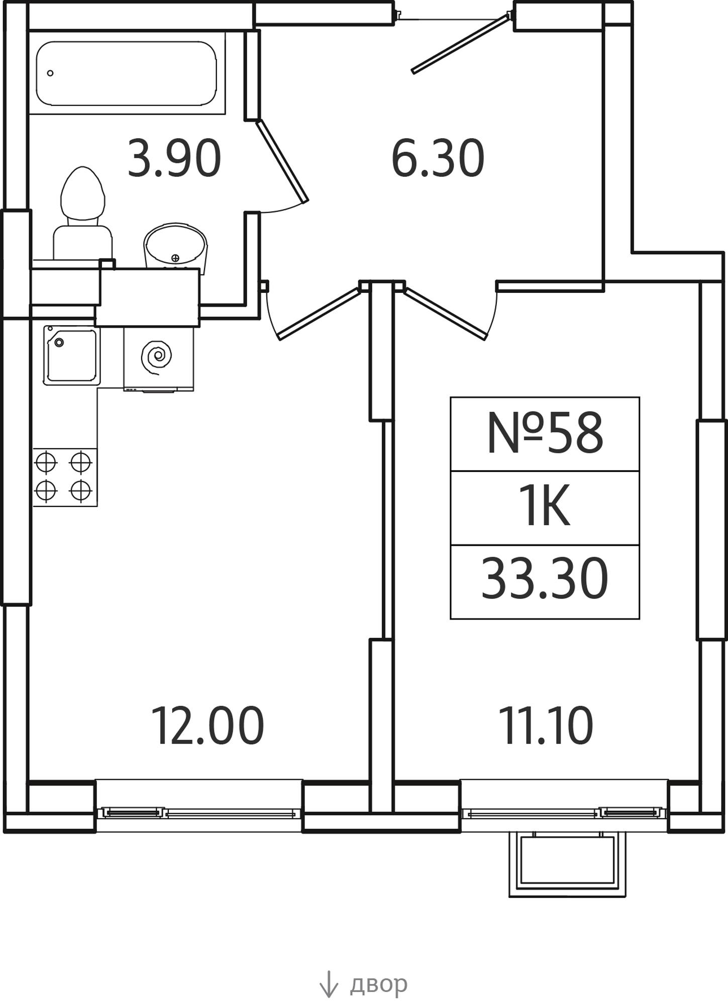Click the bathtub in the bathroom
[127, 73]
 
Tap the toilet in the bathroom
[83, 213]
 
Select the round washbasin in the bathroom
[175, 246]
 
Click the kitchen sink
[72, 355]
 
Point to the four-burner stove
[65, 477]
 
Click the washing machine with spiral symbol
[159, 358]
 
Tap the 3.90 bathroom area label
[174, 158]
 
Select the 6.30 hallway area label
[438, 158]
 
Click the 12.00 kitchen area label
[207, 726]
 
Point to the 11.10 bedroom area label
[546, 726]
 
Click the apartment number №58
[545, 433]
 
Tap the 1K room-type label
[545, 508]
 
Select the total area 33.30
[545, 580]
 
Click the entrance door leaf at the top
[461, 44]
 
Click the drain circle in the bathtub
[50, 73]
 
